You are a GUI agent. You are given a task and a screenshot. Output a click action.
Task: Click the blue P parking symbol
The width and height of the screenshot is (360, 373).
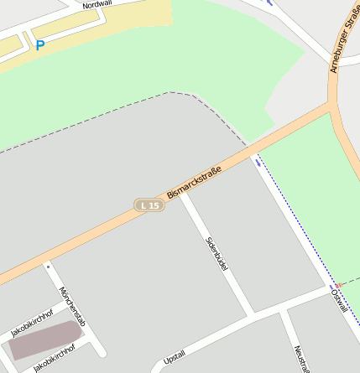pos(39,45)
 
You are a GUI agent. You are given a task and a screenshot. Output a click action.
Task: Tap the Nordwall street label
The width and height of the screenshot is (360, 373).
pos(97,4)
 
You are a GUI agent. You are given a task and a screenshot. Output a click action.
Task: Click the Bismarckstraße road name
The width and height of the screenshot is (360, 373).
pos(194,184)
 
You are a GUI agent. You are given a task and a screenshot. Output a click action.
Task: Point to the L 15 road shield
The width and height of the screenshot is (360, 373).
pos(149,205)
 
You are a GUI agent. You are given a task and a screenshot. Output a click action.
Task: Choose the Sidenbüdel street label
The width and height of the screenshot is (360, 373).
pos(217,252)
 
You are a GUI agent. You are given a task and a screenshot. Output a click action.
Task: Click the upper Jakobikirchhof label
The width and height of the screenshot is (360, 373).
pos(31,324)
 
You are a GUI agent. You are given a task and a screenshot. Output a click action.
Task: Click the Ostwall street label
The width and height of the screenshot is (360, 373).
pos(339,298)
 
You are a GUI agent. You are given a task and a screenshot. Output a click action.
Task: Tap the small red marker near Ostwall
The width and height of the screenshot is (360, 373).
pos(338,285)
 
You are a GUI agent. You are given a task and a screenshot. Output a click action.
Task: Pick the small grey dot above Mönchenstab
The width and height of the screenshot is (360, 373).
pos(48,266)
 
